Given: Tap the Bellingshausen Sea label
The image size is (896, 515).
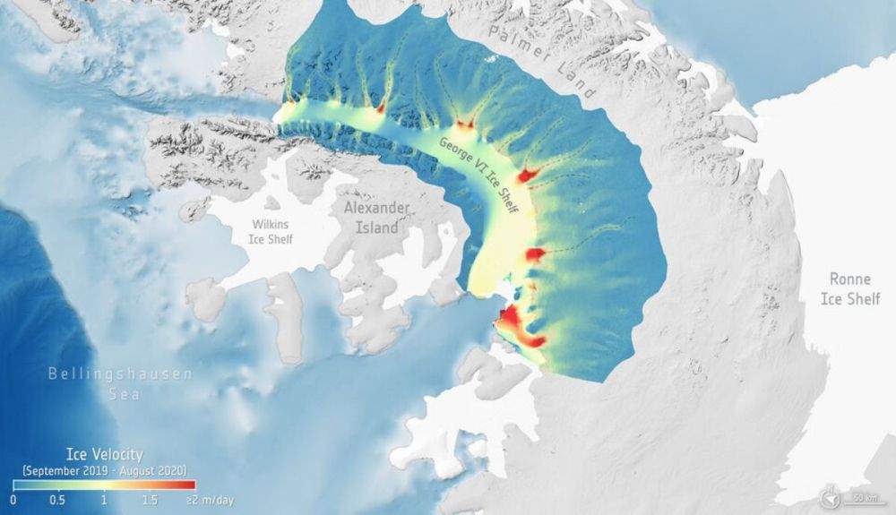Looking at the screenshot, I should (120, 382).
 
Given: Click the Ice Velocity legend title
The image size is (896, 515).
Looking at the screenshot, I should (105, 456).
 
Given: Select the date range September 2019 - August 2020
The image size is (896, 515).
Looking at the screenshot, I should (105, 469).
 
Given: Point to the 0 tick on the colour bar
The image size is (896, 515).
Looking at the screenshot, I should (13, 499).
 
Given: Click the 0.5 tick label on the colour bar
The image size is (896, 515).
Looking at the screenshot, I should (57, 499).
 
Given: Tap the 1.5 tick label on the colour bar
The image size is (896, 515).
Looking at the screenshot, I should (149, 499).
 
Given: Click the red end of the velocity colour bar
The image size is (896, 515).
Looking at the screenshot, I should (188, 485).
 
